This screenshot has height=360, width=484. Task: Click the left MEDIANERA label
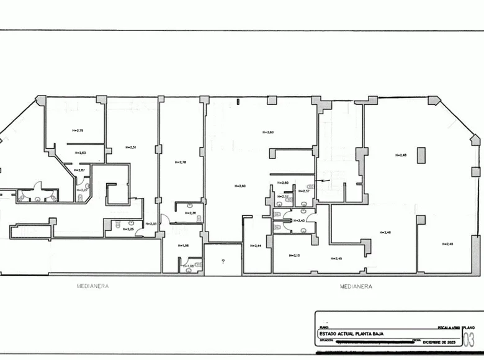(92, 286)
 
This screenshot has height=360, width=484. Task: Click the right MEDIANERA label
(356, 286)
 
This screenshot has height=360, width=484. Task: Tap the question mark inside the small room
(222, 261)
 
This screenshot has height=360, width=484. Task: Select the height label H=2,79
(78, 130)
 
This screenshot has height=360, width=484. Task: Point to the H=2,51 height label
(130, 147)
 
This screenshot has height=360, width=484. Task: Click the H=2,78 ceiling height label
(181, 163)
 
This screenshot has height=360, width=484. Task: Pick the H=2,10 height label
(294, 255)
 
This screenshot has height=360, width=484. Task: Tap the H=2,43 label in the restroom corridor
(299, 220)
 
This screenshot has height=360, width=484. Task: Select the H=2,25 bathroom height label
(128, 229)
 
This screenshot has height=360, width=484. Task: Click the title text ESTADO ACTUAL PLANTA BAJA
(351, 334)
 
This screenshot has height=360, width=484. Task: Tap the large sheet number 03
(469, 340)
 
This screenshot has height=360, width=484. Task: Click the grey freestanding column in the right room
(421, 155)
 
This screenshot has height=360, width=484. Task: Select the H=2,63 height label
(80, 152)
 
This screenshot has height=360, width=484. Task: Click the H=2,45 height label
(336, 258)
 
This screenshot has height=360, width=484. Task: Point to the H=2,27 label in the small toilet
(82, 190)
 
